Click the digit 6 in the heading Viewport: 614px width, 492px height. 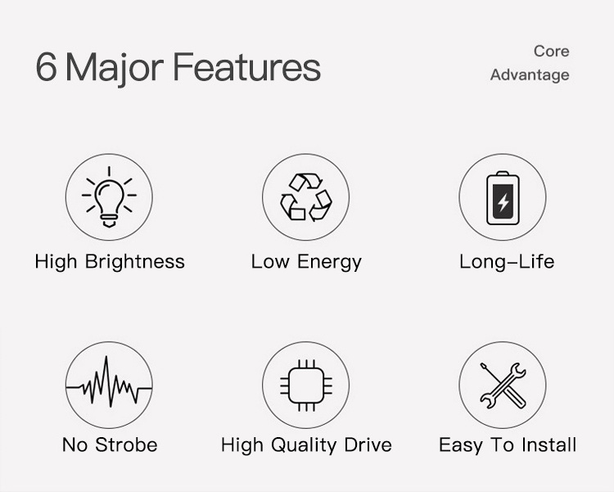point(46,67)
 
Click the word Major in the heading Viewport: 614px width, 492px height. point(114,70)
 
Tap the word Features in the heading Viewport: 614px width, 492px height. point(246,67)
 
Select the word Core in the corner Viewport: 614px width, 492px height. point(551,52)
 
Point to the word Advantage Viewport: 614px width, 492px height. point(530,75)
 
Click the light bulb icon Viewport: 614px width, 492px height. point(109,197)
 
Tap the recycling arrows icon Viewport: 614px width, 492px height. point(306,197)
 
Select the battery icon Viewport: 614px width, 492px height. point(503,198)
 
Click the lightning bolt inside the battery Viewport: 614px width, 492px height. point(503,202)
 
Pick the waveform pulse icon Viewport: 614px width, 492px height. point(109,382)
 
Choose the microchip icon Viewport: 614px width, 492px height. point(306,386)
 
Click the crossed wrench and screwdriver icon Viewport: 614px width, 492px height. point(503,386)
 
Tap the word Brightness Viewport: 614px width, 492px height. point(135,262)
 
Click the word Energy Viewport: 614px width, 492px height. point(329,262)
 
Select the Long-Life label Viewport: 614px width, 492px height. point(507,262)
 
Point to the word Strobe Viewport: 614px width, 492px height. point(126,445)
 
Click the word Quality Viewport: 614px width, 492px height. point(304,446)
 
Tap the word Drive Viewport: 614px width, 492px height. point(368,445)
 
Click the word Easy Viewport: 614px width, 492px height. point(461,446)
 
